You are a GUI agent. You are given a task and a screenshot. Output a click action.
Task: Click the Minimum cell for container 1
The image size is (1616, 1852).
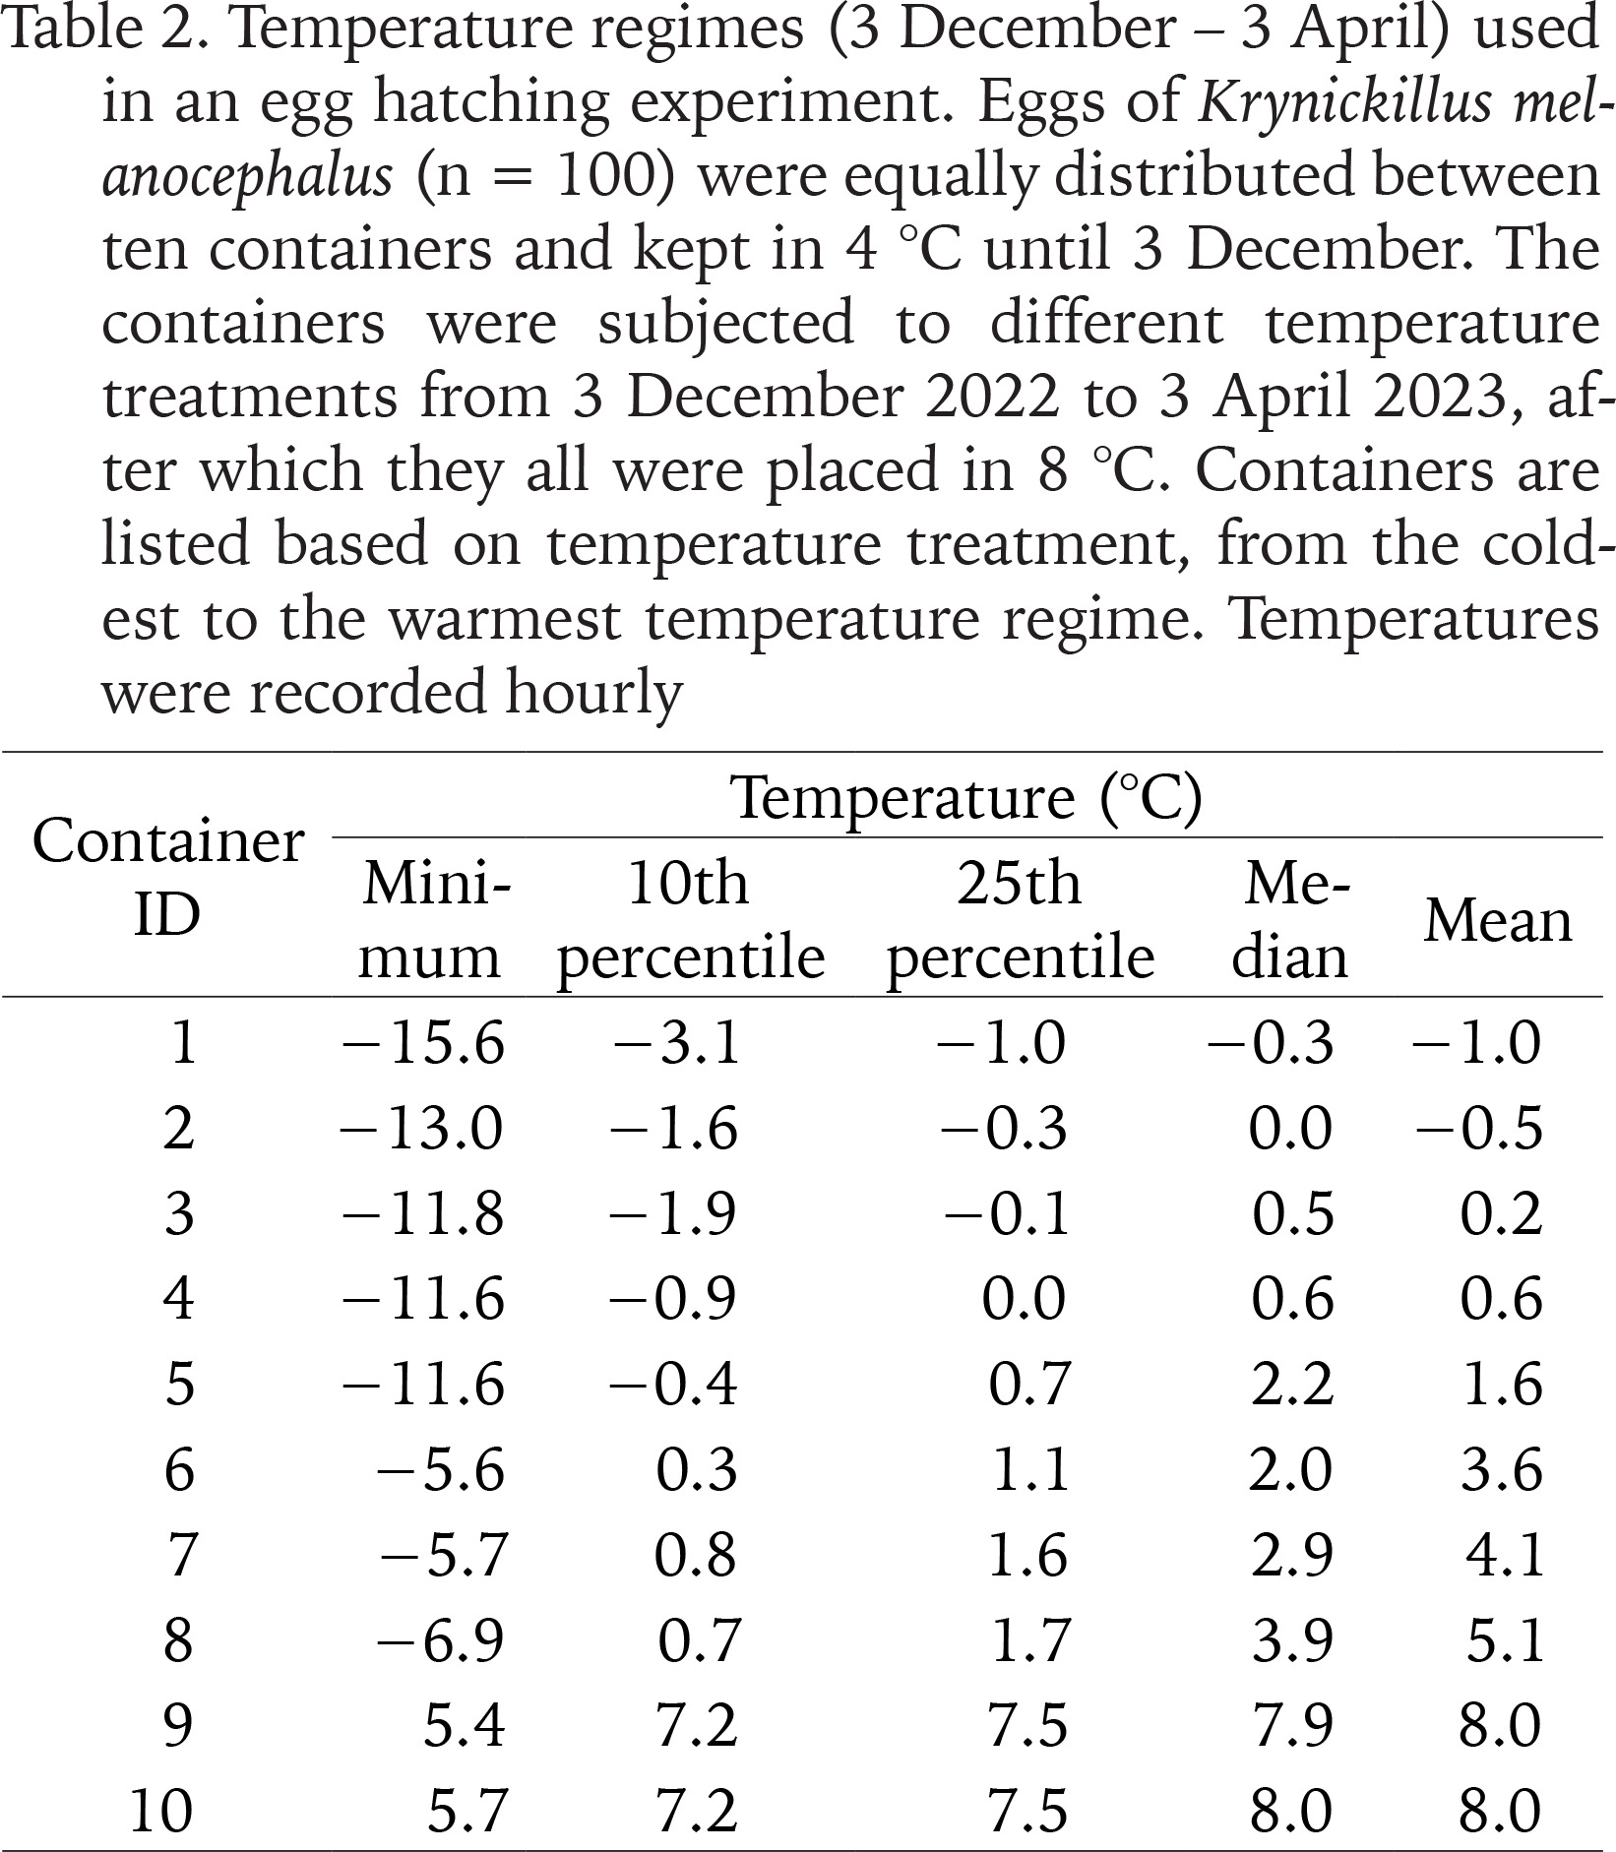pos(423,1042)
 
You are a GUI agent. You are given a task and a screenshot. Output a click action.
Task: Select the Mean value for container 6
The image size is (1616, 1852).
pos(1501,1470)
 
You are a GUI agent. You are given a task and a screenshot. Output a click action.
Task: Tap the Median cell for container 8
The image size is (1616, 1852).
pos(1292,1640)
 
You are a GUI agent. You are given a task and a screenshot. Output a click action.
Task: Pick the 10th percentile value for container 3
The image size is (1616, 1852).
pos(673,1212)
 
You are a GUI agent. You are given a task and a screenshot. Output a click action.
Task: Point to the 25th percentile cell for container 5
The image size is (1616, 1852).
pos(1028,1384)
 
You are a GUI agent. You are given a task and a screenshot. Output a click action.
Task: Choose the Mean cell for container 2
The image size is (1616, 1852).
pos(1479,1128)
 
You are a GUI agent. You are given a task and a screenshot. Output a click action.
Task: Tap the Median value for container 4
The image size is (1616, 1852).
pos(1292,1298)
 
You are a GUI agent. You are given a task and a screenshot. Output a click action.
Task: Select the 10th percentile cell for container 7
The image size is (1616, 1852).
pos(696,1555)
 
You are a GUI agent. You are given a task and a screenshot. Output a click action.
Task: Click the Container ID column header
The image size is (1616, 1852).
pos(168,878)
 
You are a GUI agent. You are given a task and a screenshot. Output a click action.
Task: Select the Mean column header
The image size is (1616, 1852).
pos(1498,921)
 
